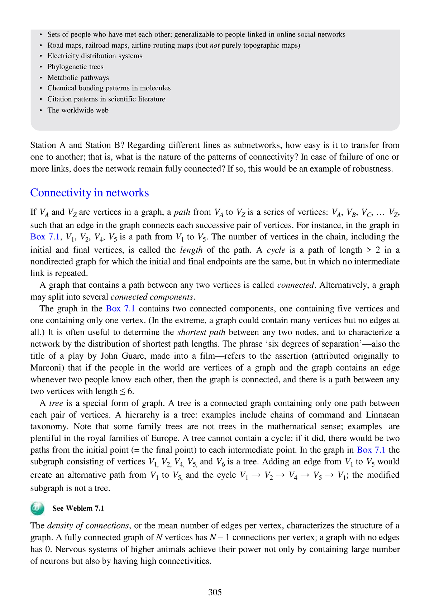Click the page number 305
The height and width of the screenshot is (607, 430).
[x=215, y=592]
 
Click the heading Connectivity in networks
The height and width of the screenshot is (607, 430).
[x=89, y=193]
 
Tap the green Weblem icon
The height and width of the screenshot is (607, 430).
[x=37, y=508]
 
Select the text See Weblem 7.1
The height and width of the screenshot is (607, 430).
[x=78, y=508]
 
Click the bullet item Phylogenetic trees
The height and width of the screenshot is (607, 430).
[x=75, y=67]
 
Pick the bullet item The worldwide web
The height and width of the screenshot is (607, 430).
[x=78, y=110]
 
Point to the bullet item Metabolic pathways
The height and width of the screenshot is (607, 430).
[x=78, y=77]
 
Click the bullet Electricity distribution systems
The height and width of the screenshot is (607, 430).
[x=95, y=56]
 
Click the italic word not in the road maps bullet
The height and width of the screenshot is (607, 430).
[x=214, y=45]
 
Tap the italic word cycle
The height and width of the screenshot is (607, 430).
[x=276, y=250]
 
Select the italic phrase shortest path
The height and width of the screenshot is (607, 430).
[x=201, y=332]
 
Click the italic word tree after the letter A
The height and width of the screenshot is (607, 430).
[x=56, y=403]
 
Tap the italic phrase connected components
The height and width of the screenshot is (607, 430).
[x=152, y=297]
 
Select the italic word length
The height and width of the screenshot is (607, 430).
[x=191, y=250]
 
